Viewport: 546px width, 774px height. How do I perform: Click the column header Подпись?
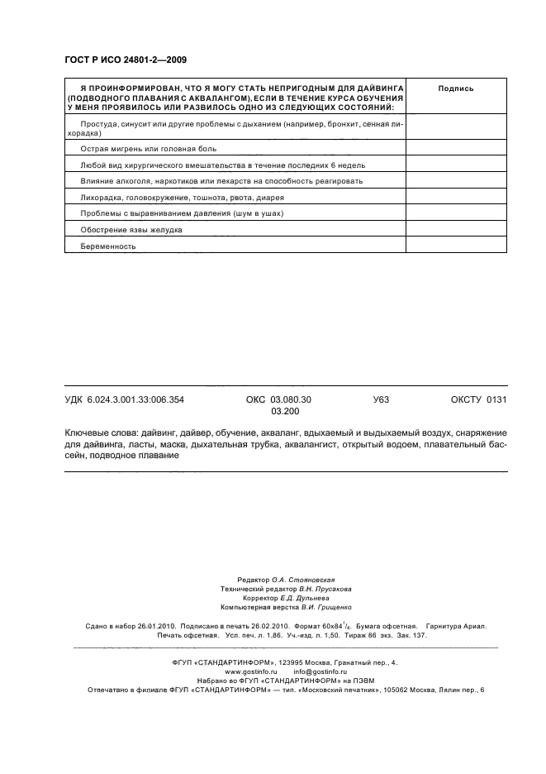click(x=455, y=88)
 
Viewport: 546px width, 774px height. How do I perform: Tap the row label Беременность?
click(x=108, y=246)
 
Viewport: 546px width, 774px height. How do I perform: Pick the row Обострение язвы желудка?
click(x=131, y=229)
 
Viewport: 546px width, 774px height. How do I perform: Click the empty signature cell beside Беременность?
click(x=455, y=246)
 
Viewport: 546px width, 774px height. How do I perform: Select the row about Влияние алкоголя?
click(x=221, y=181)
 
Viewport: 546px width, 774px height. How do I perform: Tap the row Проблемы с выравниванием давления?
click(x=182, y=213)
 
